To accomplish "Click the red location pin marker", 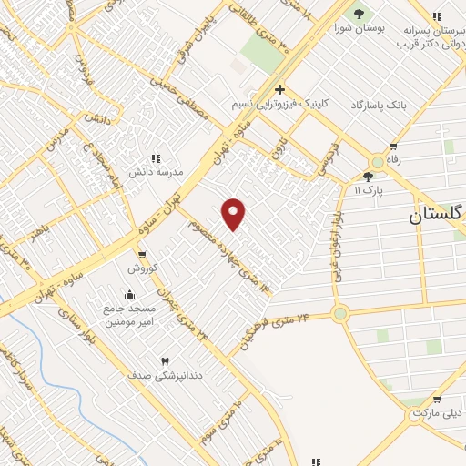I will pyautogui.click(x=234, y=215).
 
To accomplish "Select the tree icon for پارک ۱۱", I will pyautogui.click(x=368, y=177).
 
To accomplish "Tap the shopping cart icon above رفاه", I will pyautogui.click(x=393, y=146).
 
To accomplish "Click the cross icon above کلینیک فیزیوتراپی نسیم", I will pyautogui.click(x=280, y=89).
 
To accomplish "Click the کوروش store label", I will pyautogui.click(x=143, y=268).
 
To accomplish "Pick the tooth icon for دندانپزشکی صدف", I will pyautogui.click(x=165, y=360).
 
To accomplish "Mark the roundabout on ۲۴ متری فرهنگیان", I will pyautogui.click(x=340, y=314).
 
